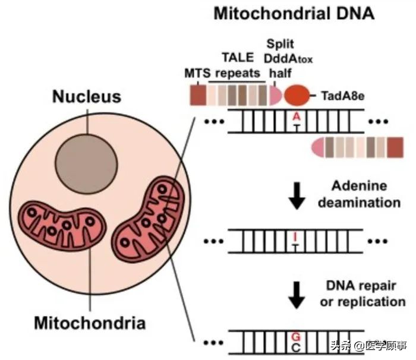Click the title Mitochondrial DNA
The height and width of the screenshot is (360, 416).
(x=294, y=13)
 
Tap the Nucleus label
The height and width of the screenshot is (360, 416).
(x=86, y=96)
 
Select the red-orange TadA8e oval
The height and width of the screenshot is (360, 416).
(x=297, y=95)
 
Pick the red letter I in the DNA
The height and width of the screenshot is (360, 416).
(x=295, y=237)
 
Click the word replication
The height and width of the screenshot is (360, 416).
(x=371, y=302)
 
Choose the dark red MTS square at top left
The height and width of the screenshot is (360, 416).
(x=198, y=95)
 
